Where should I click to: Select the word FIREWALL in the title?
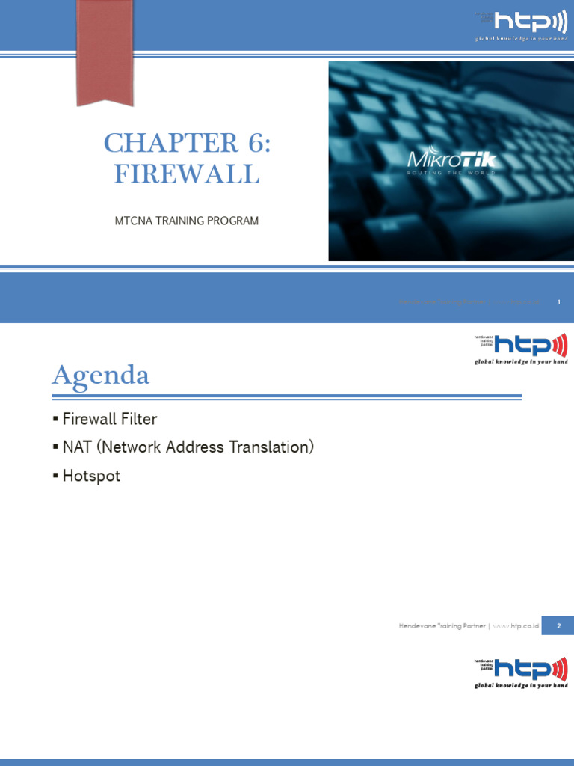click(187, 174)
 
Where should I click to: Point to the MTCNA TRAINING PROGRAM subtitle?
click(186, 221)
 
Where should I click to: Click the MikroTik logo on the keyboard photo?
click(451, 159)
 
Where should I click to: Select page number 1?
click(558, 301)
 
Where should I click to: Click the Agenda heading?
click(101, 376)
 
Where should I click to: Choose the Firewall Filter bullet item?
click(110, 420)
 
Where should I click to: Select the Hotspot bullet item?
click(91, 476)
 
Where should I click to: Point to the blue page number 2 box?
click(558, 625)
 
